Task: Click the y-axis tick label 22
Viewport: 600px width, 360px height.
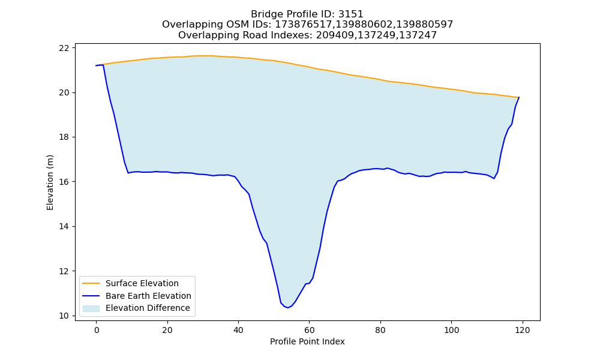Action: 65,48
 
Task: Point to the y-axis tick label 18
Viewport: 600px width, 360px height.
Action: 65,137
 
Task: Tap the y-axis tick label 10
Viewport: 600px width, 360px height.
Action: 65,316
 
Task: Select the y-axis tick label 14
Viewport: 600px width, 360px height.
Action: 65,226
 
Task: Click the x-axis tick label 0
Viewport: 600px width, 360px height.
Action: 97,330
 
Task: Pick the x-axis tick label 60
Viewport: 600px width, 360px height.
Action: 309,330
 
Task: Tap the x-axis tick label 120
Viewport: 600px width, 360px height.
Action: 523,330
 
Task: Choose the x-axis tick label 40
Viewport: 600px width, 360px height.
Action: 238,330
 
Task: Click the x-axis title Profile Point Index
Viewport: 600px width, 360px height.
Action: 307,341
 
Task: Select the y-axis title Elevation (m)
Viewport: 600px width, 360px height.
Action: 50,182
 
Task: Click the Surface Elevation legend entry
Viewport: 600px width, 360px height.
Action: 142,283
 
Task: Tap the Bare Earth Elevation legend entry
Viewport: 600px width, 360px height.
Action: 148,296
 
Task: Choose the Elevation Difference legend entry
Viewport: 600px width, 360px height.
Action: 148,308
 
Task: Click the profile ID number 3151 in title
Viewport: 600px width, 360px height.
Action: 351,14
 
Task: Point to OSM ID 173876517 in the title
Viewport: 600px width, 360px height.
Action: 304,25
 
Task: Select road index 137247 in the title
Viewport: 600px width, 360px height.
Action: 418,35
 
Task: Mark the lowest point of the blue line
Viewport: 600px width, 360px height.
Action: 288,308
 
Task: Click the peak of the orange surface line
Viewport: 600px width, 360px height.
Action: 203,56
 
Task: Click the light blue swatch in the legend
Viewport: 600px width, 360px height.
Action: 91,308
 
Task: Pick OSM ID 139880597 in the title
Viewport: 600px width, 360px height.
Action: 425,25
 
